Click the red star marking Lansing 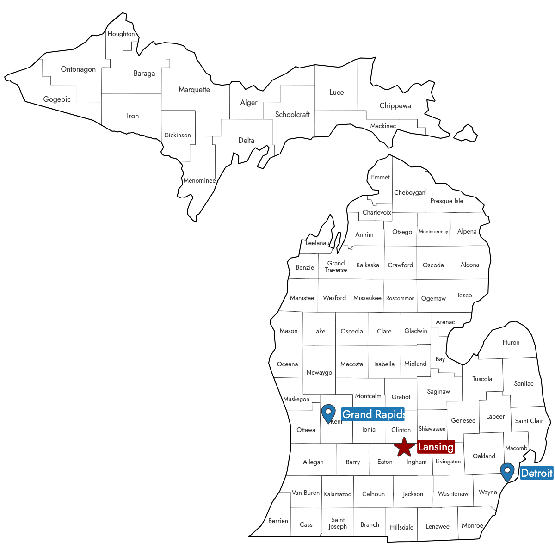404,447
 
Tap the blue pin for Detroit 507,472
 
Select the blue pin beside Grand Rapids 328,413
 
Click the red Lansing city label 436,447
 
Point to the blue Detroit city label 536,473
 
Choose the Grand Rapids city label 373,414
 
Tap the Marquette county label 194,90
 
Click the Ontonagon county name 78,69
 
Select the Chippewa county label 395,106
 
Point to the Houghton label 121,34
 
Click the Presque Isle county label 447,201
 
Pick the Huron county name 511,343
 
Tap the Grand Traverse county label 336,266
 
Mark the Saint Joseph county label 338,523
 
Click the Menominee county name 199,181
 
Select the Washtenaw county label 453,494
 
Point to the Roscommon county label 401,298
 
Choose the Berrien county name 278,521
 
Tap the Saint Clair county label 529,421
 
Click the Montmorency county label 433,232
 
